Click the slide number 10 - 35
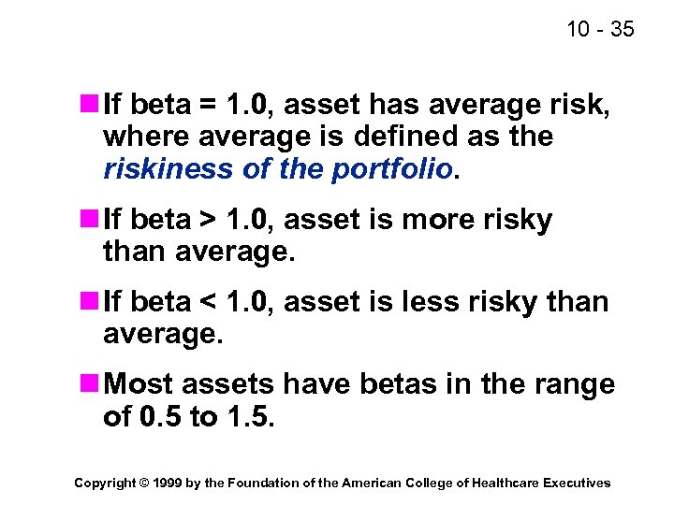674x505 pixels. (x=600, y=29)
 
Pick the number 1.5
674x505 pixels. (x=249, y=418)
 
